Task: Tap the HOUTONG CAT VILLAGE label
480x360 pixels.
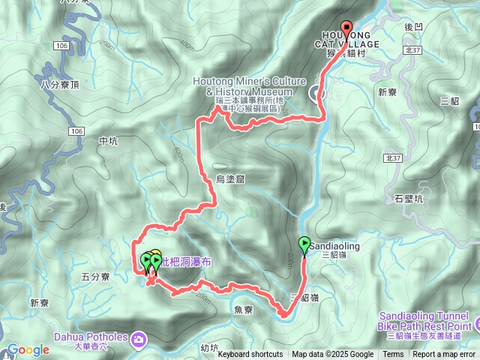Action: click(x=351, y=39)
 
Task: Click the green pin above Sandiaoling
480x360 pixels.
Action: click(x=304, y=244)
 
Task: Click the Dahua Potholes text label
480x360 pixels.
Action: click(x=94, y=337)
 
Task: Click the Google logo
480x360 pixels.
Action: click(x=28, y=349)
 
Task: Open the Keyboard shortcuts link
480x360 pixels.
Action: click(x=250, y=355)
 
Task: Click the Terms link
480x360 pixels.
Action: click(x=393, y=355)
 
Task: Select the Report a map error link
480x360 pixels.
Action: click(x=444, y=355)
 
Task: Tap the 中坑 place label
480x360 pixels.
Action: click(x=108, y=141)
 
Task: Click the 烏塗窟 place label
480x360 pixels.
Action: click(x=230, y=178)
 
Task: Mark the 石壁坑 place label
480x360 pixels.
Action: click(x=409, y=199)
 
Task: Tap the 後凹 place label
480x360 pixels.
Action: click(x=413, y=26)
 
